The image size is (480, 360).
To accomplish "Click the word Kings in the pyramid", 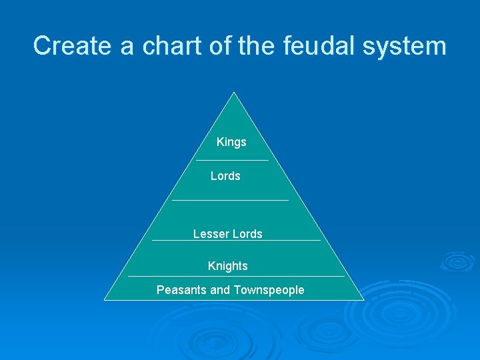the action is [231, 142].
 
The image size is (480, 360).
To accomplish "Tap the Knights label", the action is [227, 266].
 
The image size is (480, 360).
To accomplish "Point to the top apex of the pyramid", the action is [234, 92].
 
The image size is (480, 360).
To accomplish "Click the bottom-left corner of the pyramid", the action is [105, 300].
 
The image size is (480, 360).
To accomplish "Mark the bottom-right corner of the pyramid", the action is [363, 300].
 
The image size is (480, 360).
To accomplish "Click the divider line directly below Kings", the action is [232, 160].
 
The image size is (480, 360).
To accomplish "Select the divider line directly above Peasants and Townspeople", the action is [236, 276].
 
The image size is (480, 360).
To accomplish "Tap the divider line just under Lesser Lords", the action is [236, 240].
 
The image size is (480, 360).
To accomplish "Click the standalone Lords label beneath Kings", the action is [225, 176].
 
